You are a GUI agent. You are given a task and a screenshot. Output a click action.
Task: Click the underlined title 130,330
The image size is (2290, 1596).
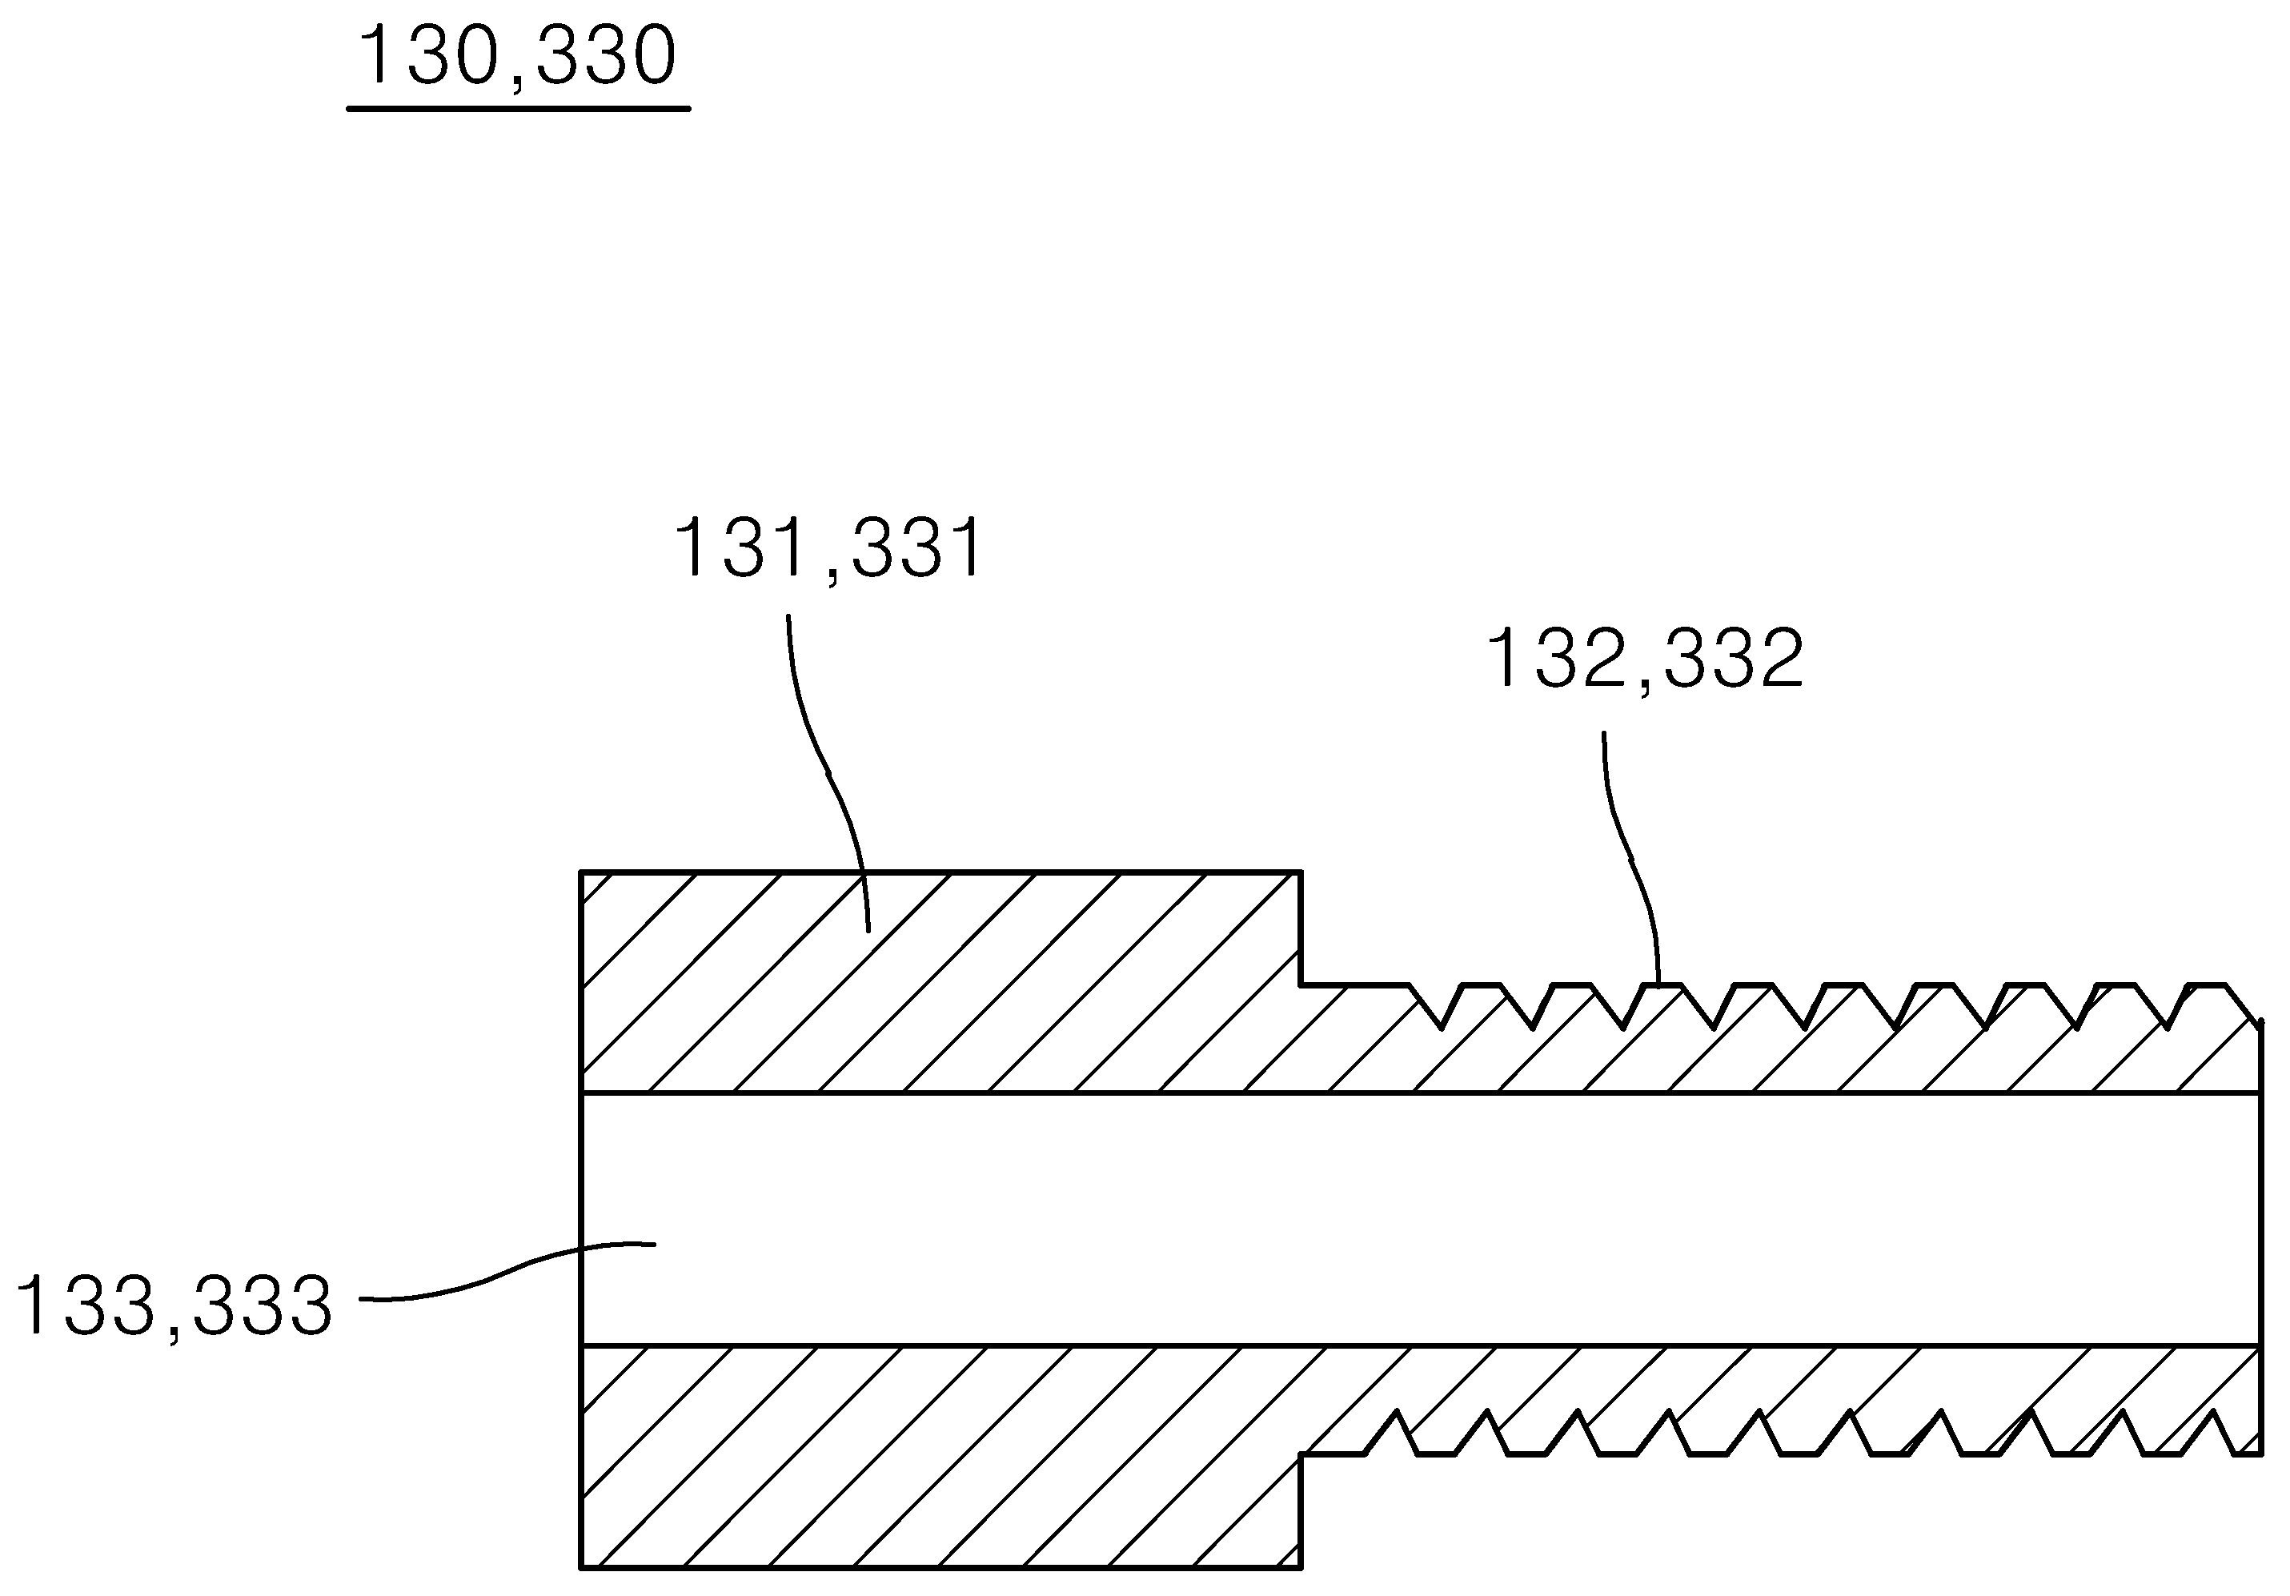[519, 57]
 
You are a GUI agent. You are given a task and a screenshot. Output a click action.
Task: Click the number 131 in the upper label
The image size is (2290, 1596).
[743, 547]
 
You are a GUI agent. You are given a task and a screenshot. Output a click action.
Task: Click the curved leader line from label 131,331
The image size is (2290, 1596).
[828, 773]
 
